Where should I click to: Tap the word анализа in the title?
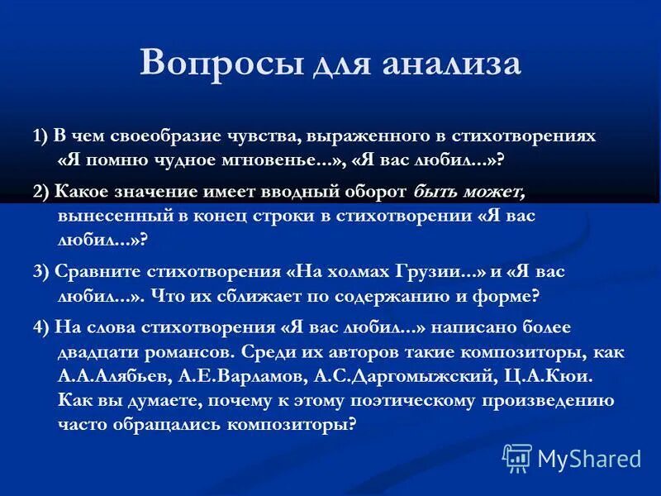point(451,64)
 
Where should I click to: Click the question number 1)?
point(40,136)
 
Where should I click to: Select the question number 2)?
point(41,192)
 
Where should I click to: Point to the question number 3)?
point(41,271)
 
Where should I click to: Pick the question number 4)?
point(41,327)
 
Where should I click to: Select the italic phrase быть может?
point(468,192)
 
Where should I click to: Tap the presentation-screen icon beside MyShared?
point(517,458)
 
